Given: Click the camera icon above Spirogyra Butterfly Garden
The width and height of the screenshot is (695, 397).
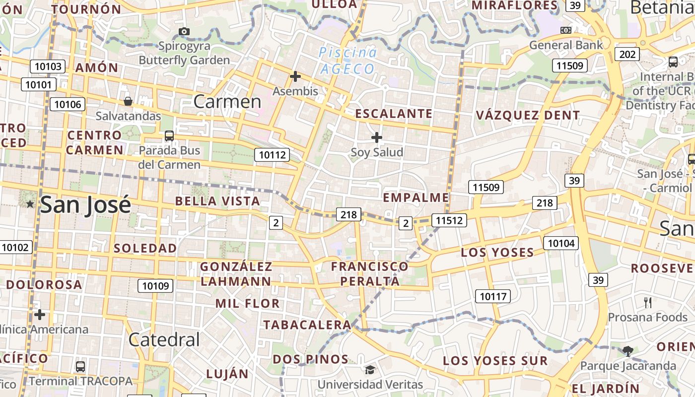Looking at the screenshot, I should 184,31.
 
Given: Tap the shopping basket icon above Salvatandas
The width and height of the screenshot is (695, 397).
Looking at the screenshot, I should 128,101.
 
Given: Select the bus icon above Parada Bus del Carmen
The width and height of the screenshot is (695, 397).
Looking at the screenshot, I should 169,135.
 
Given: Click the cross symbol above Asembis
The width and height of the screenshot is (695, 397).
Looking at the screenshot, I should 295,76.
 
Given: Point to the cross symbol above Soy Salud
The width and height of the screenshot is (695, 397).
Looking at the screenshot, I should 377,137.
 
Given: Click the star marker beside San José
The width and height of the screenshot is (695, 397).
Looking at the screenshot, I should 30,204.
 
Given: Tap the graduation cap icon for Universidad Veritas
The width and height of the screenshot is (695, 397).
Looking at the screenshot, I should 370,370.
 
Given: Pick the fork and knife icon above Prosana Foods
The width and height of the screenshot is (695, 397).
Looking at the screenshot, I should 648,302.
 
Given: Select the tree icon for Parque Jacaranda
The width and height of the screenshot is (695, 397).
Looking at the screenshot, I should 628,351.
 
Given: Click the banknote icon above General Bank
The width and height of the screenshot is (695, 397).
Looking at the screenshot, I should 566,30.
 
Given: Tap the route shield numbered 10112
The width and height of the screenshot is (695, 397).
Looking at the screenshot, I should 273,155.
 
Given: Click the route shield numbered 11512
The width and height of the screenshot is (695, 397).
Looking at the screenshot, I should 449,220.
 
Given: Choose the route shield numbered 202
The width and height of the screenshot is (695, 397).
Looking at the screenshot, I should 627,54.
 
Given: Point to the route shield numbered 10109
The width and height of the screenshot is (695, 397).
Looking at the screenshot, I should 155,285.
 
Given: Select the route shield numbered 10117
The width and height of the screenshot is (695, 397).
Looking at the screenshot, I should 492,297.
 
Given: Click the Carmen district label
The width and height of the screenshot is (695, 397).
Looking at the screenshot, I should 227,101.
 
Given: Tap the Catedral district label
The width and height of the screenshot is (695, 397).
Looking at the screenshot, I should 164,339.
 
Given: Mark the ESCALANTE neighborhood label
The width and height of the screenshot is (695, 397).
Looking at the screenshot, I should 394,114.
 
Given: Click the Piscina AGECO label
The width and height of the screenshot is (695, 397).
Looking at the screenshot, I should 347,60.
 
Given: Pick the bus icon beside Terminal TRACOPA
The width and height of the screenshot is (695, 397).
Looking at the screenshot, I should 80,367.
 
